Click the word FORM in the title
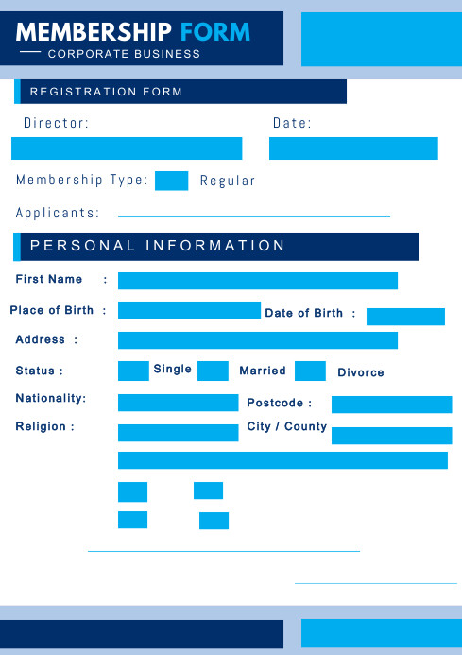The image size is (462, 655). click(x=215, y=32)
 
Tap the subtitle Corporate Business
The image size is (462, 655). click(x=124, y=54)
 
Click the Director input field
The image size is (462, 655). click(x=127, y=148)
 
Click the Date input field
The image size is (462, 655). click(x=353, y=148)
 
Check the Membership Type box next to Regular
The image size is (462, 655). click(x=171, y=181)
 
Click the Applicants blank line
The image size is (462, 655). click(x=253, y=216)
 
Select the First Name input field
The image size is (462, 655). click(x=257, y=281)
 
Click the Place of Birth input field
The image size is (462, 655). click(x=189, y=310)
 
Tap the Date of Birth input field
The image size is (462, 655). click(x=405, y=317)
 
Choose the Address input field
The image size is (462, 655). click(x=257, y=340)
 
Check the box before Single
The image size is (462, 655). click(x=133, y=371)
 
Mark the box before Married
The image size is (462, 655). click(x=213, y=371)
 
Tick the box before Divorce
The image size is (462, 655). click(x=310, y=371)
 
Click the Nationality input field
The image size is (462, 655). click(x=178, y=403)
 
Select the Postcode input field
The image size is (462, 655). click(x=391, y=405)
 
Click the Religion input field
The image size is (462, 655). click(x=178, y=433)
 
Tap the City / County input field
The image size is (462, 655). click(x=391, y=436)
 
